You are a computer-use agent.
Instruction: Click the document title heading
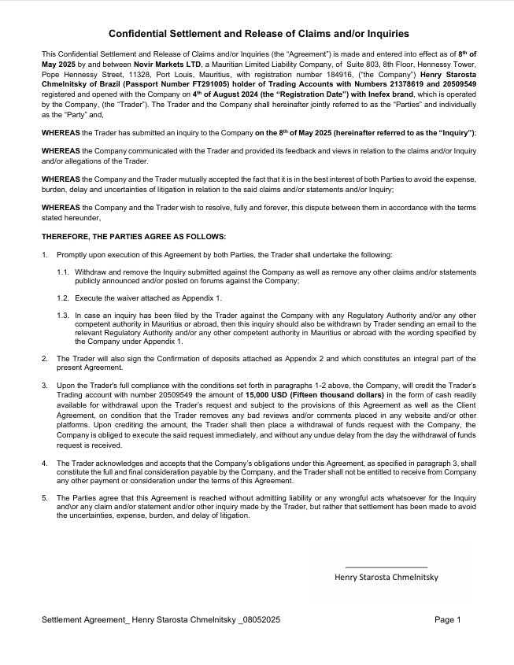point(258,34)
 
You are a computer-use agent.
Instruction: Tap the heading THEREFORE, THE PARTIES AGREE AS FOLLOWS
point(133,236)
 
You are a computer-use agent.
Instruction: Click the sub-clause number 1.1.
point(63,272)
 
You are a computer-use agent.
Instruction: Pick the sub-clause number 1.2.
point(63,298)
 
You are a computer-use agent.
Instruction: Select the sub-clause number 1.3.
point(63,315)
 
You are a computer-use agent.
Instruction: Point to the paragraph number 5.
point(44,498)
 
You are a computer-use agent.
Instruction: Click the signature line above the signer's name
point(386,567)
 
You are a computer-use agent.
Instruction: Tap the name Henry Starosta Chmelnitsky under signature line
point(386,577)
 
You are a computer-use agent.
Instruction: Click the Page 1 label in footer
point(447,620)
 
